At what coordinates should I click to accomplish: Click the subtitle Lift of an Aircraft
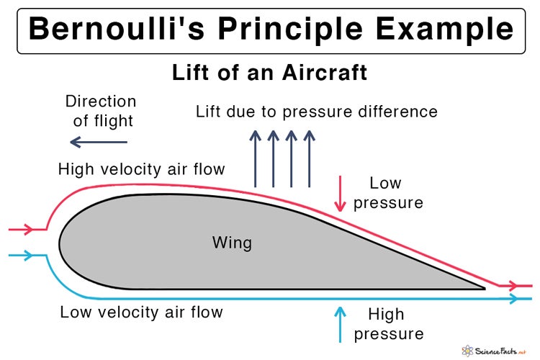click(x=270, y=73)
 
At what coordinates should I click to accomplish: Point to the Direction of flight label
click(x=100, y=110)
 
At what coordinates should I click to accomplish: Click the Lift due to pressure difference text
click(x=317, y=112)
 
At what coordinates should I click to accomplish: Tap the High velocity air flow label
click(x=142, y=169)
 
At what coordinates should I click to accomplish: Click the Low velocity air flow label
click(x=141, y=312)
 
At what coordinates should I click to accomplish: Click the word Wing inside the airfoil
click(x=232, y=242)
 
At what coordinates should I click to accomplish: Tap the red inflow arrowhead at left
click(x=28, y=230)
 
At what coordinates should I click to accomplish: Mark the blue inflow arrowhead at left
click(x=28, y=255)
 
